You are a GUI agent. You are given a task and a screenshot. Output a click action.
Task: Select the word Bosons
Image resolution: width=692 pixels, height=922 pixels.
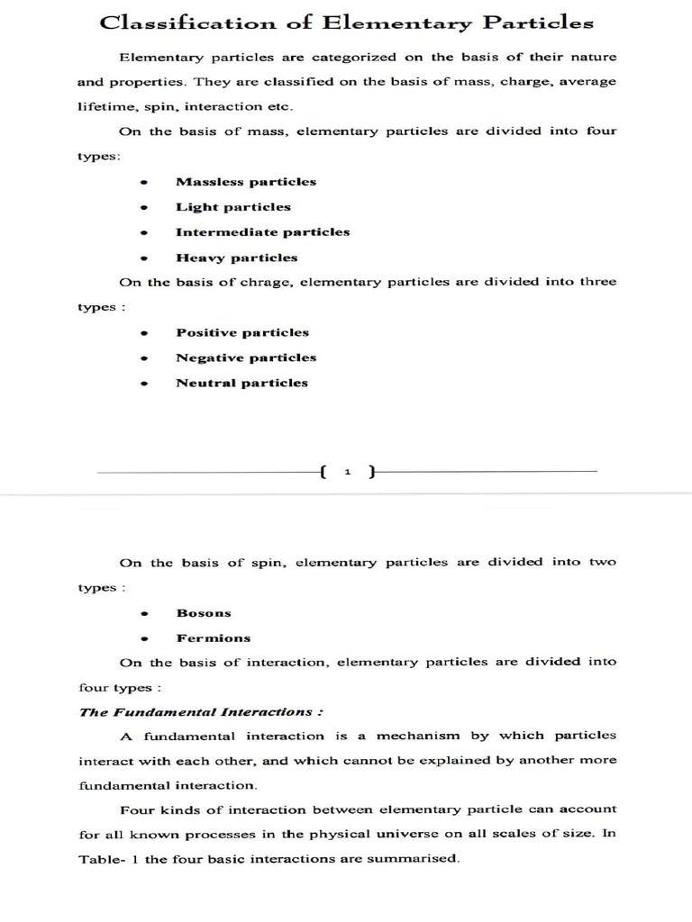coord(204,613)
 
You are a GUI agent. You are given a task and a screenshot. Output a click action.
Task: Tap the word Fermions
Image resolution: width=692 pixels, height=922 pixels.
coord(214,638)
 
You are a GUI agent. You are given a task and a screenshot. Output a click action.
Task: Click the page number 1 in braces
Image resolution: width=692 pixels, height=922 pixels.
coord(347,472)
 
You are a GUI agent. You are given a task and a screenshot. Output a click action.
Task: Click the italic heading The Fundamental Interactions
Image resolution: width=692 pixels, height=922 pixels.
coord(201,711)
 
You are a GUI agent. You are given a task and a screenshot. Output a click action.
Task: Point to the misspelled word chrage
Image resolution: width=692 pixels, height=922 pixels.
coord(266,282)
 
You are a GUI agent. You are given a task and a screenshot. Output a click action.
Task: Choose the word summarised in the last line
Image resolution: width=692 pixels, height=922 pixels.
coord(417,859)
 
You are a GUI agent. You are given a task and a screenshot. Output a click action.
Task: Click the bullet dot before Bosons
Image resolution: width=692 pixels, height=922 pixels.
coord(143,613)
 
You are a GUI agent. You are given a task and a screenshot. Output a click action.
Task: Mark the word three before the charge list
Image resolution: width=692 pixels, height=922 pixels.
coord(597,282)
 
